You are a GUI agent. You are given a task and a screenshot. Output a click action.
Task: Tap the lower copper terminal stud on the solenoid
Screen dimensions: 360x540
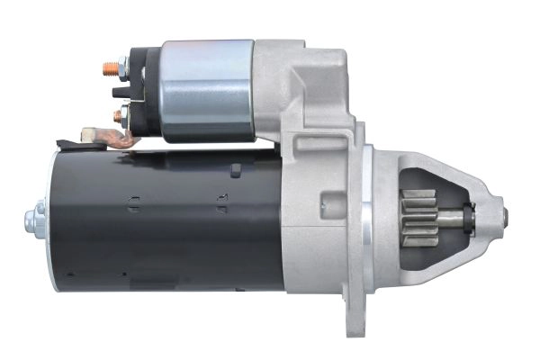pos(116,114)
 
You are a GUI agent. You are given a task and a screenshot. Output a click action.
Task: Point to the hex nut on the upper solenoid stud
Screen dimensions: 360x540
pos(121,66)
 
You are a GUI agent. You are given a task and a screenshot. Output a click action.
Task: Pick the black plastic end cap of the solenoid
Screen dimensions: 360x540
pos(144,89)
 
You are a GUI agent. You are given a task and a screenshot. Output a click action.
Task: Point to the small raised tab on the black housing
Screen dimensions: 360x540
pos(236,169)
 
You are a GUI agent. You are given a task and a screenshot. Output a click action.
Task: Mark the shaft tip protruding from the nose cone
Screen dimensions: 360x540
pos(504,216)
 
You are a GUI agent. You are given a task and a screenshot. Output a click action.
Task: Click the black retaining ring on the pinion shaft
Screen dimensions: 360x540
pos(471,216)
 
